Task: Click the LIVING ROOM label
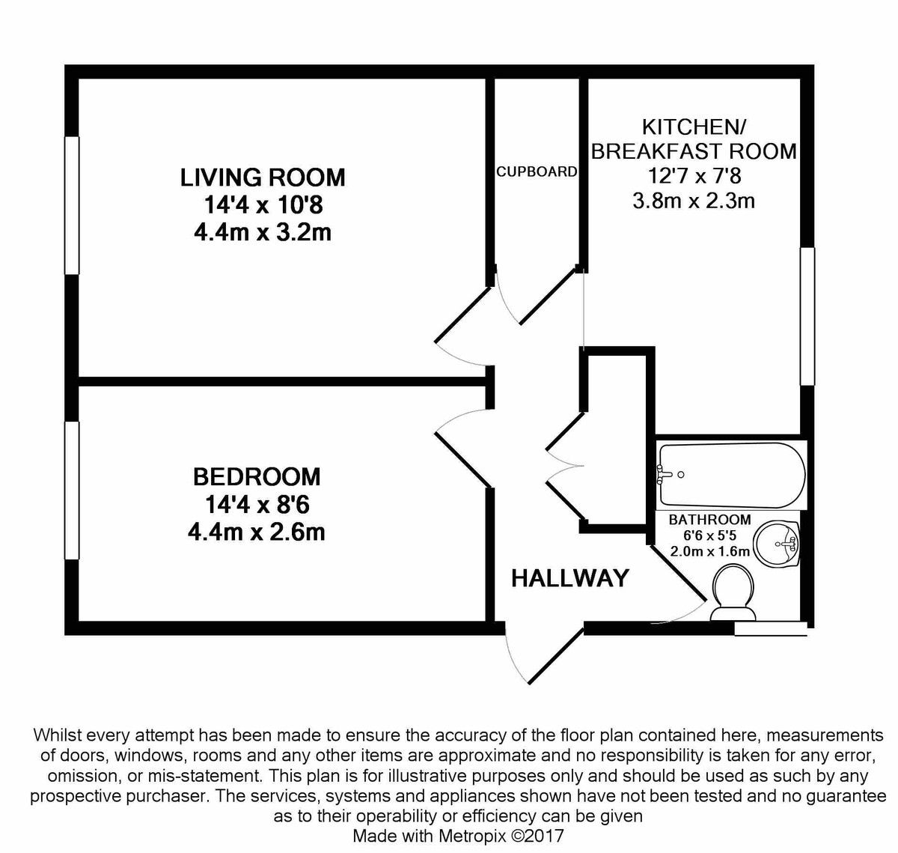point(263,177)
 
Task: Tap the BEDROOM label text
point(256,476)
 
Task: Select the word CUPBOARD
point(537,171)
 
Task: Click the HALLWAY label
point(569,578)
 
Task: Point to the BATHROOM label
point(709,520)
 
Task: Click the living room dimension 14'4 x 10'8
point(263,204)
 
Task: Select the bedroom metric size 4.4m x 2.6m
point(256,532)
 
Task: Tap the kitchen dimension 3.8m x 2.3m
point(693,201)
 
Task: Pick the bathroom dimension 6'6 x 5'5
point(709,535)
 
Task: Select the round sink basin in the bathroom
point(777,544)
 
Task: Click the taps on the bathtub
point(666,473)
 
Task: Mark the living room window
point(72,205)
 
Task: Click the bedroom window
point(72,491)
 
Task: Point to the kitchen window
point(807,316)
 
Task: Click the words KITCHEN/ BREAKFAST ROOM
point(693,139)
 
